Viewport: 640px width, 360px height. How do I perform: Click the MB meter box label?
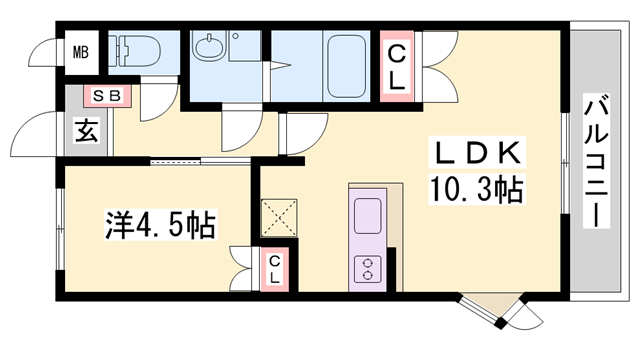[81, 53]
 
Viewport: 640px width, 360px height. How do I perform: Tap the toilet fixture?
[134, 51]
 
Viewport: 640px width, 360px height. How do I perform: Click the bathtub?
[346, 66]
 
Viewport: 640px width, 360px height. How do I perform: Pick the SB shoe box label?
[107, 96]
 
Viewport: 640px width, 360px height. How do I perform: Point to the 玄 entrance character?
[87, 131]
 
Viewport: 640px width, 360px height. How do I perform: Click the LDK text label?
[477, 154]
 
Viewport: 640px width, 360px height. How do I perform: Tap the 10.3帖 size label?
[477, 189]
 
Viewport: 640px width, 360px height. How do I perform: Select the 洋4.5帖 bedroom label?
[160, 224]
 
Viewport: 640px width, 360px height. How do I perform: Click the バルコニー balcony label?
[596, 161]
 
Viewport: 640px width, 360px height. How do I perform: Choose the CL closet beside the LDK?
[396, 66]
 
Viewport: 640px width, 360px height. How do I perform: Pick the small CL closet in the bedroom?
[275, 269]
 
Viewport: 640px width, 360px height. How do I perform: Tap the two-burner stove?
[367, 269]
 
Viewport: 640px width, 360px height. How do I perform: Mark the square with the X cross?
[279, 218]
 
